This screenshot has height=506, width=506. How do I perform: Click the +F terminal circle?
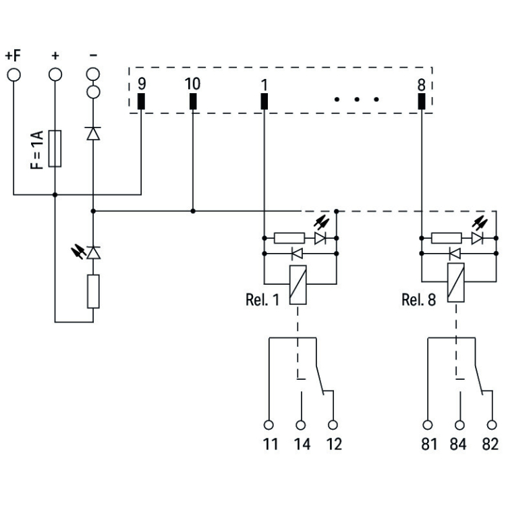pos(13,73)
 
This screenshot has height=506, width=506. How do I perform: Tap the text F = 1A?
pos(38,149)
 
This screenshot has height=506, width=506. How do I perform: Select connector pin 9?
pos(141,101)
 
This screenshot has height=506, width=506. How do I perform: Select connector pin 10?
pos(193,101)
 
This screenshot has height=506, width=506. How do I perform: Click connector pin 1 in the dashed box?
pos(264,101)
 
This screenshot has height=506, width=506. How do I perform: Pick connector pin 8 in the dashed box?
pos(422,101)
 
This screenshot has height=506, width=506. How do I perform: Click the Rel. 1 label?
pos(262,300)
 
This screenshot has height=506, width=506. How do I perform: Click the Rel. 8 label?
pos(418,300)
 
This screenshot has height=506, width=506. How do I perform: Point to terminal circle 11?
pos(269,425)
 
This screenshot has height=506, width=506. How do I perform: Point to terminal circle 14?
pos(301,425)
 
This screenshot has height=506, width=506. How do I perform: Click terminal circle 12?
pos(333,425)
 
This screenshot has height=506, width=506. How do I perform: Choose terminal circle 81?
pos(427,425)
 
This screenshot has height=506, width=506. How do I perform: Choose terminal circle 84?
pos(460,425)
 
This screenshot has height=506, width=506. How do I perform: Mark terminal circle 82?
pos(491,425)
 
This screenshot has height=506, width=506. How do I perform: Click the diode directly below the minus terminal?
pos(93,133)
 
